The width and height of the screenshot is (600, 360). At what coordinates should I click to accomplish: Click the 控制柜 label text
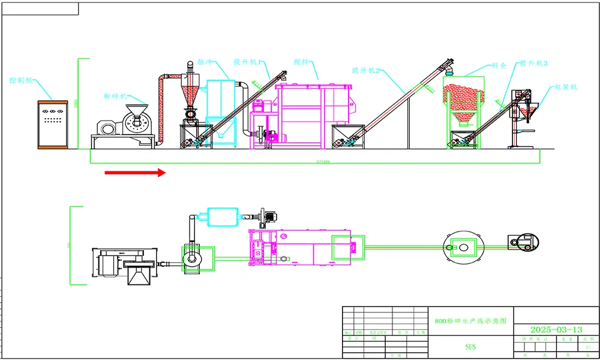[x=22, y=80]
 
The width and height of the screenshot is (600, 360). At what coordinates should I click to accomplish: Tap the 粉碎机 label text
[x=115, y=95]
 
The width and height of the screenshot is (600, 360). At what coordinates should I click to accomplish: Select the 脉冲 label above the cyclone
[x=205, y=62]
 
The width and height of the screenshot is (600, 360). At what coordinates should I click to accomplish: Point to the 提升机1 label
[x=247, y=62]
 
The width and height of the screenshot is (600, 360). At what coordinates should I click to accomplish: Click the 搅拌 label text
[x=301, y=62]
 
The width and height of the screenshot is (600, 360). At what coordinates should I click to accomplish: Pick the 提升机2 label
[x=367, y=70]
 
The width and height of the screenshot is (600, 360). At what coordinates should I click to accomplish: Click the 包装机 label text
[x=565, y=87]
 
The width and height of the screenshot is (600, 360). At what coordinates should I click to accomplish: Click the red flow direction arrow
[x=135, y=173]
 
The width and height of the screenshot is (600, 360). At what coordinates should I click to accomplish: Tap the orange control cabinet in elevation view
[x=53, y=124]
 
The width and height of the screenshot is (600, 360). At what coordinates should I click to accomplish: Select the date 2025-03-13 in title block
[x=556, y=329]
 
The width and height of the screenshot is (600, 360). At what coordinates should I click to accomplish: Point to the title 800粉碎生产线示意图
[x=470, y=321]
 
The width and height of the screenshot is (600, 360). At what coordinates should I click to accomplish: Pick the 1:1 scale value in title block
[x=587, y=347]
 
